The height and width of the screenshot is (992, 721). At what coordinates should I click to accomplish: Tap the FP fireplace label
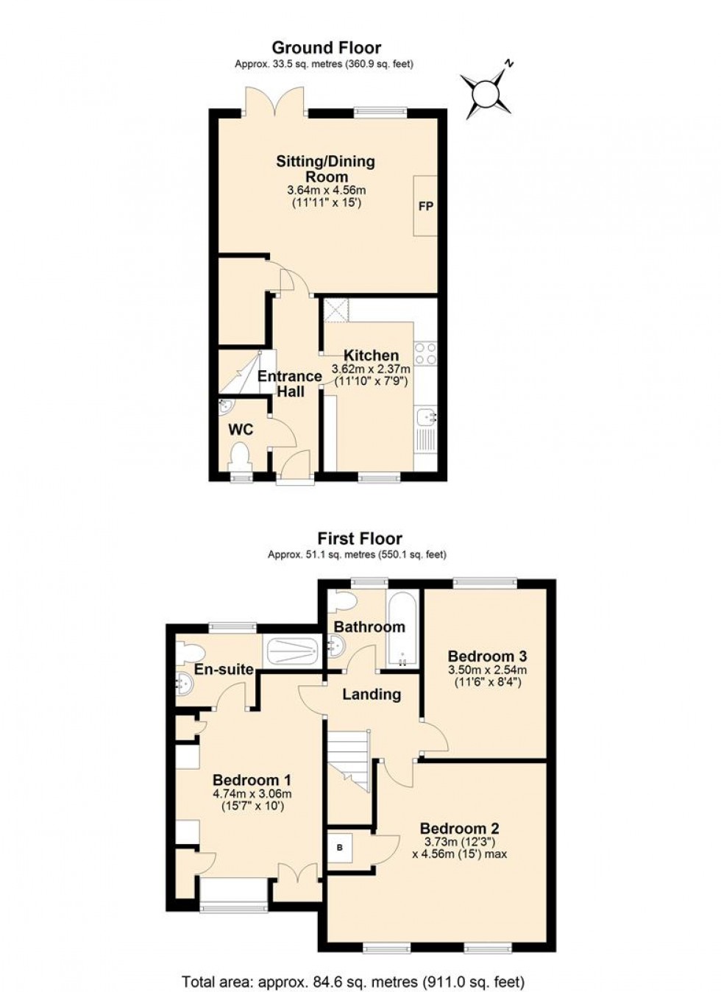pos(425,206)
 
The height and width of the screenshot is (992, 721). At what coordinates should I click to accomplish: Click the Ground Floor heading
pos(327,49)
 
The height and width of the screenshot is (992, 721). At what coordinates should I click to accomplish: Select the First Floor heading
pos(360,539)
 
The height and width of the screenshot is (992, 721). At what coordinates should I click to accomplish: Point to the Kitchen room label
pos(372,355)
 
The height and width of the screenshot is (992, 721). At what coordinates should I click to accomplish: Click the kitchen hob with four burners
pos(426,354)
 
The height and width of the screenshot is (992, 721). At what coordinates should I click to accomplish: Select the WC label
pos(241,429)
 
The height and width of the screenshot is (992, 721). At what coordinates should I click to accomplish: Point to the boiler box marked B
pos(340,848)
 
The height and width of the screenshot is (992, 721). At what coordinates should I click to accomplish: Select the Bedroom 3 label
pos(487,656)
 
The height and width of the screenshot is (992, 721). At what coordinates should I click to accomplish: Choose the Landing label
pos(372,694)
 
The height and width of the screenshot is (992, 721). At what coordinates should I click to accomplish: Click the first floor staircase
pos(349,758)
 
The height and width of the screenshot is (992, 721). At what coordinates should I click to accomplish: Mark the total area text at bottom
pos(353,981)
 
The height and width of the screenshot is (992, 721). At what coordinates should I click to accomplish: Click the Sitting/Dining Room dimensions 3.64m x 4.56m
pos(326,190)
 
